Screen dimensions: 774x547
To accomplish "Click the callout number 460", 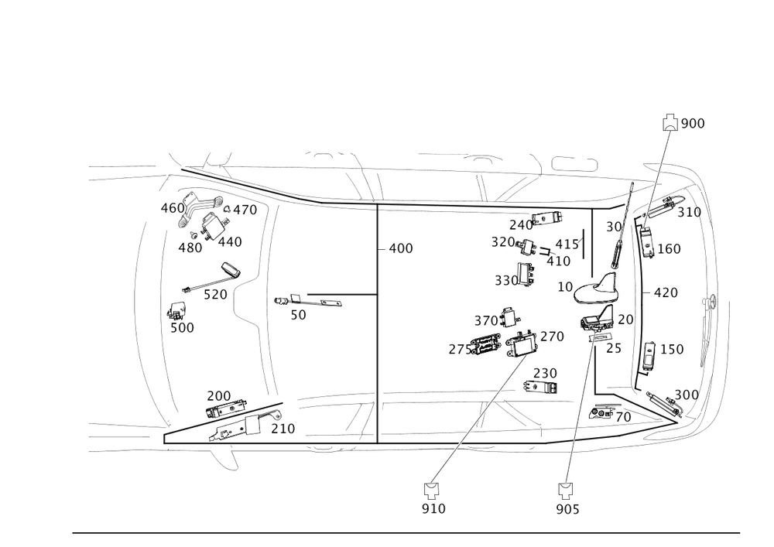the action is (171, 207).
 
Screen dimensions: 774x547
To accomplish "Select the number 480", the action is (190, 248).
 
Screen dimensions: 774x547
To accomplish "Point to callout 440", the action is (231, 243).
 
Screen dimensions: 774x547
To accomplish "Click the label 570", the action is (214, 294).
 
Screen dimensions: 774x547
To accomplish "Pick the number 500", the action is (181, 327).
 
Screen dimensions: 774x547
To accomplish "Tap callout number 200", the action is (218, 395).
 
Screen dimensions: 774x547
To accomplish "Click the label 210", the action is (283, 428).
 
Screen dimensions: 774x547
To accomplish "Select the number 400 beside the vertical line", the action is (400, 248).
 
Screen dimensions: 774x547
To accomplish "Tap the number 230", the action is (545, 373).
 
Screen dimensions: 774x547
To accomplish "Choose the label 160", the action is (669, 248).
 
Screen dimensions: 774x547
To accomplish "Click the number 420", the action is (666, 292).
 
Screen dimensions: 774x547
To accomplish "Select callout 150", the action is (672, 350).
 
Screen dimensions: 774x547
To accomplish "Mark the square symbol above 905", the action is (564, 489).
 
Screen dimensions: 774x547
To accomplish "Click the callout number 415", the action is (568, 245).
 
